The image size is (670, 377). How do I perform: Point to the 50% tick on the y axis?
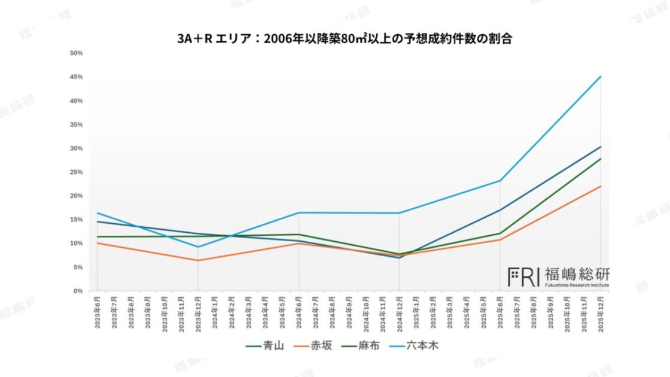[x=76, y=53]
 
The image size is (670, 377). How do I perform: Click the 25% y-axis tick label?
[x=76, y=172]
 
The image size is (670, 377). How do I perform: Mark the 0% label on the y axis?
[x=78, y=291]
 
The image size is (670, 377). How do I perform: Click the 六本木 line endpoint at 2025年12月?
[x=601, y=77]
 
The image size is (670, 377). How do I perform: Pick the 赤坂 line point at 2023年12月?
[x=198, y=260]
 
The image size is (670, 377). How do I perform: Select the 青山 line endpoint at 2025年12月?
[x=601, y=147]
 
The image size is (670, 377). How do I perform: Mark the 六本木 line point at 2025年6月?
[x=500, y=181]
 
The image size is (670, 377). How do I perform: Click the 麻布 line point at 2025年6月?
[x=500, y=233]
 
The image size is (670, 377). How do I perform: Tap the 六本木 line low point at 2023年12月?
[x=198, y=247]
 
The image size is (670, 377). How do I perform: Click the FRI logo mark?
[x=523, y=276]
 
